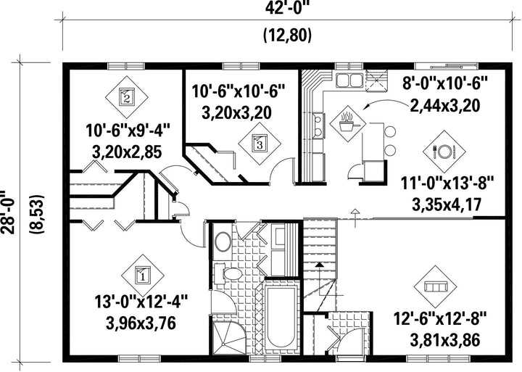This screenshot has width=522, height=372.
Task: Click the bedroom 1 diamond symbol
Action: point(143,276)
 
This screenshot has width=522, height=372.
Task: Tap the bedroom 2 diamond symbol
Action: point(126,97)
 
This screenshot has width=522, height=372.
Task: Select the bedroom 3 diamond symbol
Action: point(260,144)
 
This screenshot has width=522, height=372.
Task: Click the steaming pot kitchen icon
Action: point(347,123)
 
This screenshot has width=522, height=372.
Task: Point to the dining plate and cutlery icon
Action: point(444,152)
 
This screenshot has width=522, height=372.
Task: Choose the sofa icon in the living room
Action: point(436,286)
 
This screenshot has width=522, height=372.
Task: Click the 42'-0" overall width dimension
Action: point(286,7)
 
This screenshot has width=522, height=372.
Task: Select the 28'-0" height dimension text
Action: point(8,212)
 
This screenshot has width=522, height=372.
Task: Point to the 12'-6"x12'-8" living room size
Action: point(440,318)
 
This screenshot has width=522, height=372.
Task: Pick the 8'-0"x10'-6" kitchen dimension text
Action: point(445,83)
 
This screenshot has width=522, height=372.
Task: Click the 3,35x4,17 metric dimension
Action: point(447,204)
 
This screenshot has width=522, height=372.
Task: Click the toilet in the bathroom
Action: point(228,274)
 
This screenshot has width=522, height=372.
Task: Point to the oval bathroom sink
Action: point(223,241)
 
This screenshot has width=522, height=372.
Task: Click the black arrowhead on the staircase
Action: point(320,265)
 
